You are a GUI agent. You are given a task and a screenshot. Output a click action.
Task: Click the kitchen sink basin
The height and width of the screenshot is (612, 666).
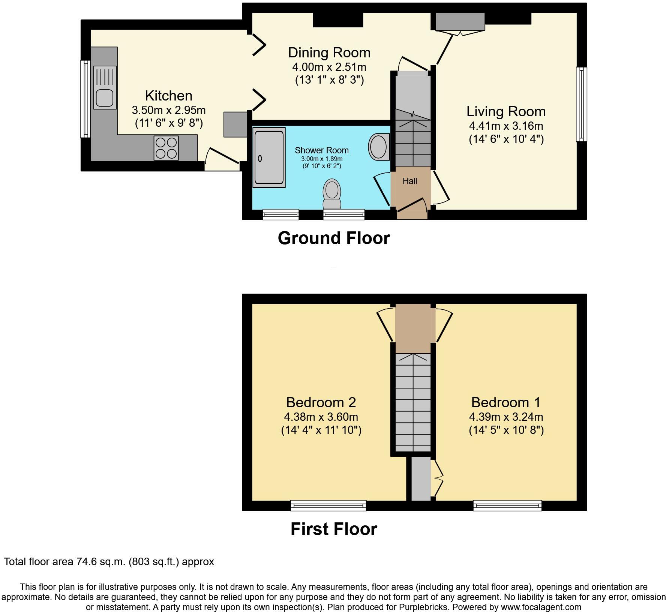(104, 98)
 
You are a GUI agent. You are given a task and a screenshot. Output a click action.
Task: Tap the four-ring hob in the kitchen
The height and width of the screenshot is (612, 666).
(166, 148)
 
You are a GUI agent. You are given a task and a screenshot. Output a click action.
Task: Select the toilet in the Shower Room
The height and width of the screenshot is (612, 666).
(332, 193)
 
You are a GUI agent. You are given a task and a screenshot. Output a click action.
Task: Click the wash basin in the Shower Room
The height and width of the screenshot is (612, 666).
(379, 147)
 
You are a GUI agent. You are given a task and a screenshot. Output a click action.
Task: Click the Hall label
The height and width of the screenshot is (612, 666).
(410, 181)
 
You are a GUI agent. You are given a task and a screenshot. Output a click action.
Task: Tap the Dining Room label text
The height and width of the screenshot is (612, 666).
(329, 52)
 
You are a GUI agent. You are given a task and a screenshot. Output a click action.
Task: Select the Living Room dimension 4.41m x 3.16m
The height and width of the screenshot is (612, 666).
(506, 126)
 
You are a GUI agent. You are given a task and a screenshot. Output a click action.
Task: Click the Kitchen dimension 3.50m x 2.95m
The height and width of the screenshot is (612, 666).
(168, 110)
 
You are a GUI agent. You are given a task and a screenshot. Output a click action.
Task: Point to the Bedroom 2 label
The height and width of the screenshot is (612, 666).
(321, 402)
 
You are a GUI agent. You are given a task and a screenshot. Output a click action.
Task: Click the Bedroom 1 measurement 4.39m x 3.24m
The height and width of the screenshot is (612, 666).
(506, 417)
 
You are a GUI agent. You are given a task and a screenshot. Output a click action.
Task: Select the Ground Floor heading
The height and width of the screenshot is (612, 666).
(333, 238)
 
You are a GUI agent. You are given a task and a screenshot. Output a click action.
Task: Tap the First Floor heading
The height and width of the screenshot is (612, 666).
(333, 529)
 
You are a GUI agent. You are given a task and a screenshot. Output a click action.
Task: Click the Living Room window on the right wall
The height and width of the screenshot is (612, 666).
(581, 104)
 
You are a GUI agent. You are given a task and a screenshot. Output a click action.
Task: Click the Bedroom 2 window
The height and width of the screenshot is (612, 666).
(328, 505)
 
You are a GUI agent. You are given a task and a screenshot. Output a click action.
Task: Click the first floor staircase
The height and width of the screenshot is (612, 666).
(413, 402)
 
